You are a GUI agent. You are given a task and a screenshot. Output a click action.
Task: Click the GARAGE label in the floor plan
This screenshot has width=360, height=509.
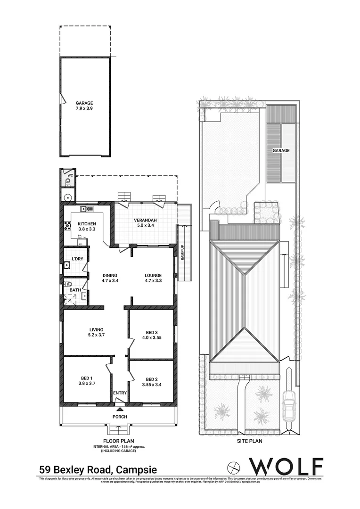[84, 103]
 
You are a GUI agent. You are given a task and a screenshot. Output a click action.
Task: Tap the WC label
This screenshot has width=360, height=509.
[70, 175]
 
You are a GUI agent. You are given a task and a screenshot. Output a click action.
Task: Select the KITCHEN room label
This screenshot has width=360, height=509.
[87, 223]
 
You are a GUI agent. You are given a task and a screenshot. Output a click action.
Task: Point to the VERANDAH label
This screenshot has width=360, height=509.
[145, 220]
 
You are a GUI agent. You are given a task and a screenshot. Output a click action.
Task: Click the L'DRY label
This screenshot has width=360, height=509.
[77, 259]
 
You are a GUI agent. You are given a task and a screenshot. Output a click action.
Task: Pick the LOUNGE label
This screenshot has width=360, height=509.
[153, 276]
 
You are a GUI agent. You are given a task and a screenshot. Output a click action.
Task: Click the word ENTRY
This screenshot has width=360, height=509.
[120, 393]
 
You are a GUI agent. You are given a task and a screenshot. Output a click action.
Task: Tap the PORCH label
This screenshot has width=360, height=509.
[119, 417]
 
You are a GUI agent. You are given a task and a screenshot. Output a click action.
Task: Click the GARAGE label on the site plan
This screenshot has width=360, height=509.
[280, 150]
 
